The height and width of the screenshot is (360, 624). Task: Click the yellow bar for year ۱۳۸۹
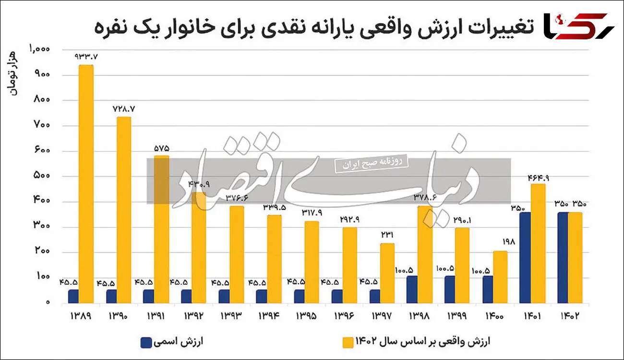(86, 184)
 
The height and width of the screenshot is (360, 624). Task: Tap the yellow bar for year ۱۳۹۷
(387, 274)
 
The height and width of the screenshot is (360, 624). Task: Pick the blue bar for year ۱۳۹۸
(412, 289)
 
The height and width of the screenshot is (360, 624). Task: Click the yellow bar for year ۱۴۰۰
(500, 277)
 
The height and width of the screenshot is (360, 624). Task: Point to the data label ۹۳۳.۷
(86, 57)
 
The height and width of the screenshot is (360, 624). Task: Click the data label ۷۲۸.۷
(124, 108)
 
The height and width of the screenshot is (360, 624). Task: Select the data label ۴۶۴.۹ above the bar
(539, 177)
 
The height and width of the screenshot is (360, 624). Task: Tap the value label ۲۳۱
(387, 236)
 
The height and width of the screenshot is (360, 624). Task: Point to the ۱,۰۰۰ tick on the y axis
(40, 49)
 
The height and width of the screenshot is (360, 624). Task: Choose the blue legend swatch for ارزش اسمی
(146, 342)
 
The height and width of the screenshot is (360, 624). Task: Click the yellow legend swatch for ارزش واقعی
(348, 342)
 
